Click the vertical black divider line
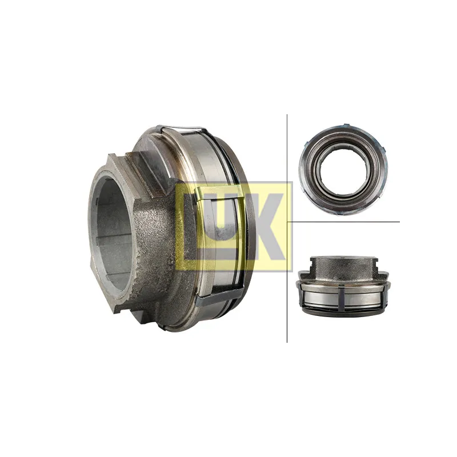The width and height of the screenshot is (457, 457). point(287,228)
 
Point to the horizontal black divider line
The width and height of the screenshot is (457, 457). point(343,222)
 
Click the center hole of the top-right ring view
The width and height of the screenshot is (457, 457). point(343,170)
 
